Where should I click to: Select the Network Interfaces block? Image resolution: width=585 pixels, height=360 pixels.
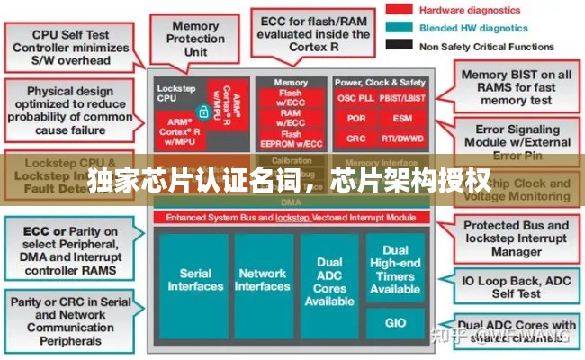(x=262, y=280)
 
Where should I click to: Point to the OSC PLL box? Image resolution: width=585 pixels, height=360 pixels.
(x=355, y=97)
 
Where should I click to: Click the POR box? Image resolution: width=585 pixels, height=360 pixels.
(x=355, y=119)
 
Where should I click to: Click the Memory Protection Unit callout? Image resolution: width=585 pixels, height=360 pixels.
(x=194, y=37)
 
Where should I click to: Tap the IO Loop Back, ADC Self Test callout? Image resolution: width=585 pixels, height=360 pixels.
(x=517, y=286)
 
